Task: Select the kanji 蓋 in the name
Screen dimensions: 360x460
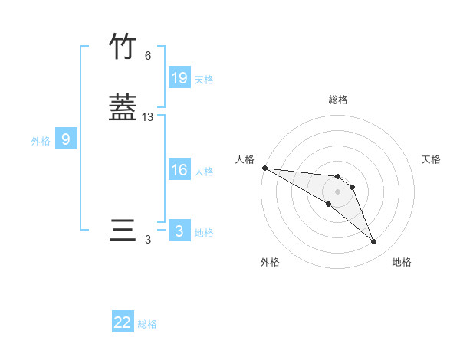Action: coord(123,107)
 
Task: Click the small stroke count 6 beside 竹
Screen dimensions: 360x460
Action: coord(148,56)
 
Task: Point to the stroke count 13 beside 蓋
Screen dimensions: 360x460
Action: coord(148,117)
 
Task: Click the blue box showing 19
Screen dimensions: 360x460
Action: coord(179,78)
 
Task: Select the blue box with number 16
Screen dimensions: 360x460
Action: coord(179,170)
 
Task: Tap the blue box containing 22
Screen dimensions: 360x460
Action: coord(123,322)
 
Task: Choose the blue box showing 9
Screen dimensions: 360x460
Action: coord(66,139)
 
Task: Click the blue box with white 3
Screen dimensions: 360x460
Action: coord(179,231)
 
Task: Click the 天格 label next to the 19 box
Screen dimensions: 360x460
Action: coord(204,79)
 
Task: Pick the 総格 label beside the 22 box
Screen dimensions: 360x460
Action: coord(147,324)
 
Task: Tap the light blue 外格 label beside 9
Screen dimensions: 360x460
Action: coord(41,140)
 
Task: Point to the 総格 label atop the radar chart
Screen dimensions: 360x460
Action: coord(337,100)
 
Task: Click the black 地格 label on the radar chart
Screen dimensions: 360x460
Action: coord(402,262)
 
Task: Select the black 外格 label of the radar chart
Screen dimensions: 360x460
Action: coord(271,262)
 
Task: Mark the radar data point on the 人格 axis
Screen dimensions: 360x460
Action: coord(264,168)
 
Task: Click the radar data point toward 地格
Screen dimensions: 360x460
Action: coord(374,242)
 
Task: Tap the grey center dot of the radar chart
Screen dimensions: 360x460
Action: coord(337,191)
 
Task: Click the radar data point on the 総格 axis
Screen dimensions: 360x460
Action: coord(337,174)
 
